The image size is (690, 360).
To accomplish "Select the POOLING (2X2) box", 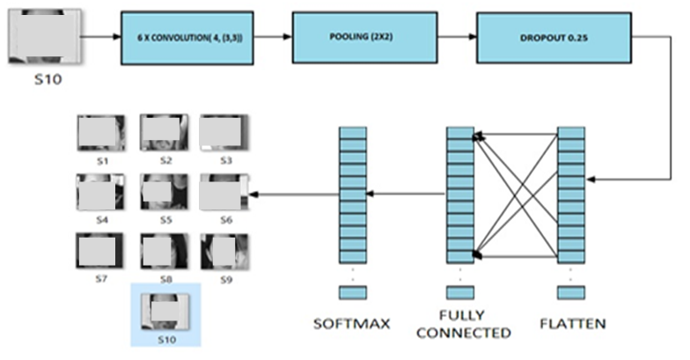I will (364, 38).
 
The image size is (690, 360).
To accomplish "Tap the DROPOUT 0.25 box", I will (553, 38).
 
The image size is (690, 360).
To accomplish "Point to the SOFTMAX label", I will (351, 324).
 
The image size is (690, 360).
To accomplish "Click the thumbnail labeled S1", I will (101, 133).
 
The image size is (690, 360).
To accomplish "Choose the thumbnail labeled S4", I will (101, 191).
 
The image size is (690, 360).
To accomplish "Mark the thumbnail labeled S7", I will (101, 251).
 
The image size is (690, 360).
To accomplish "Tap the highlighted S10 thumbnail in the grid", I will (165, 310).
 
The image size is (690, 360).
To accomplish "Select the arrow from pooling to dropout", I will (456, 38).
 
